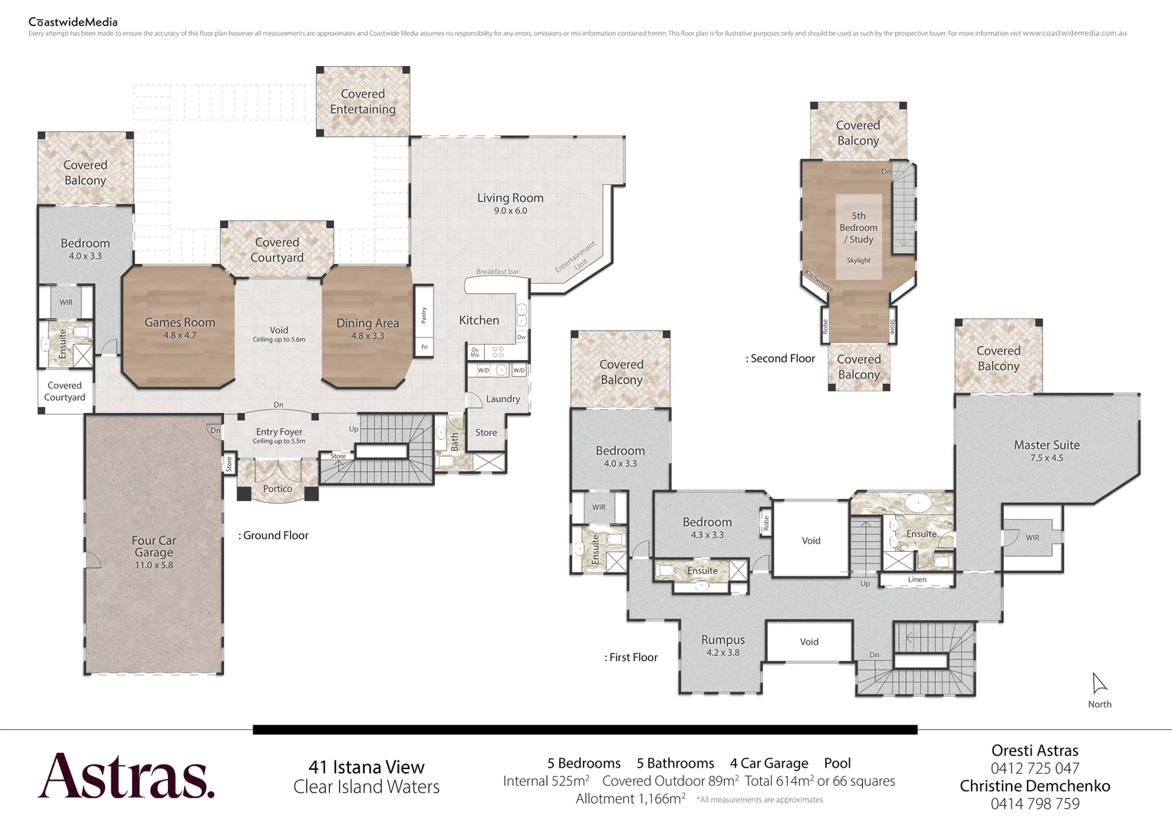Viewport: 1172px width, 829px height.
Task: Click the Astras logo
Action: [x=127, y=776]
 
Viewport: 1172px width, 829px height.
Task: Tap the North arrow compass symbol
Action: [x=1099, y=682]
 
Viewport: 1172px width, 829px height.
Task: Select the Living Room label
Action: [x=510, y=198]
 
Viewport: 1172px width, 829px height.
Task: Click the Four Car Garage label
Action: [x=153, y=547]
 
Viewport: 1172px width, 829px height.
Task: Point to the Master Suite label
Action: [x=1046, y=445]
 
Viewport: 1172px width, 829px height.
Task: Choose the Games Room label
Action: [x=179, y=323]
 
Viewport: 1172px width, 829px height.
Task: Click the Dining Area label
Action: [x=367, y=323]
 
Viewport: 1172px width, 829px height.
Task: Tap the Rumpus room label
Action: [x=723, y=640]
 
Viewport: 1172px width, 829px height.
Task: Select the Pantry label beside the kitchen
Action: [x=423, y=315]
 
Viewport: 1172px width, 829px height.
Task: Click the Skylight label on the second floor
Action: [x=858, y=261]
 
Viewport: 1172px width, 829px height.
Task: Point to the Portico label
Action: [x=278, y=489]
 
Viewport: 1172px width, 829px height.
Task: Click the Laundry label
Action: [x=503, y=399]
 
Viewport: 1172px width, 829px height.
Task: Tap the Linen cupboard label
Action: [x=917, y=580]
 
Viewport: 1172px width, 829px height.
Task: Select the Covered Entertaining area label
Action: [x=363, y=102]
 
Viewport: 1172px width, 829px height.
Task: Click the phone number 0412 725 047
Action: [x=1035, y=768]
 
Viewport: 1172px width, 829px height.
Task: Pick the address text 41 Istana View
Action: [x=366, y=767]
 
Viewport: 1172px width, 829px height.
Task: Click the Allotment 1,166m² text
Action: [x=630, y=799]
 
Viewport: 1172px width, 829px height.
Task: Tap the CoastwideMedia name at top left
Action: [x=73, y=22]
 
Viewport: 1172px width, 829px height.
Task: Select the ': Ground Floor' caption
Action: [x=273, y=536]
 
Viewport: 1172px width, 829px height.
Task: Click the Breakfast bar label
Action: [x=497, y=272]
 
